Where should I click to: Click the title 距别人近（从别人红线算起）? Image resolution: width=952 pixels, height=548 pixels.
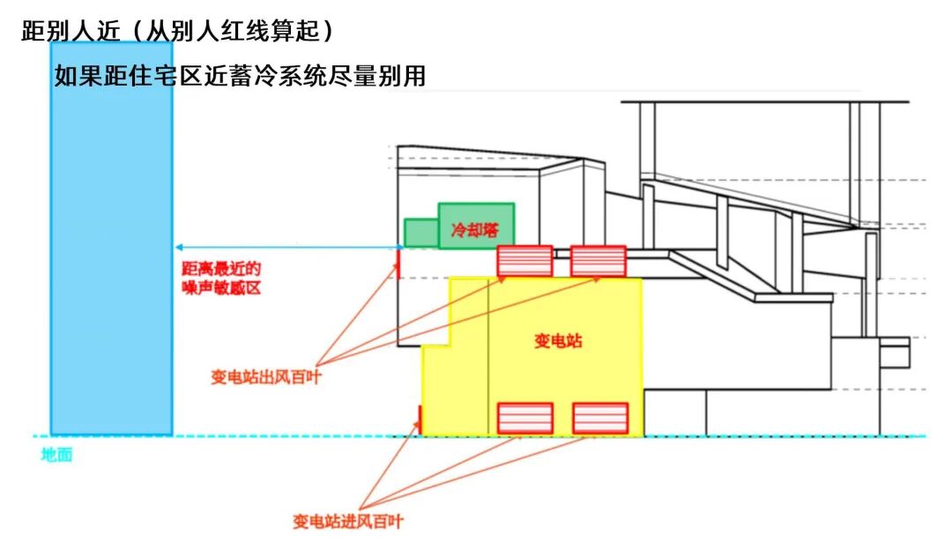click(179, 32)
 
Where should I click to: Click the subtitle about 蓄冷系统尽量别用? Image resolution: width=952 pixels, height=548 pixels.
click(240, 76)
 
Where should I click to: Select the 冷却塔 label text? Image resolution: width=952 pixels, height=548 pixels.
click(472, 230)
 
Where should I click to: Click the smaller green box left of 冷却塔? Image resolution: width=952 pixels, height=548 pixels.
click(420, 232)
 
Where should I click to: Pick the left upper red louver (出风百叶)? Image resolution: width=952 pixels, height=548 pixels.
click(524, 261)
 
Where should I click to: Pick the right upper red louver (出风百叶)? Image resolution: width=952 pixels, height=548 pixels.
click(599, 261)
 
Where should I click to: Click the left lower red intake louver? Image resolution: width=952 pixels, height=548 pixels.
click(525, 417)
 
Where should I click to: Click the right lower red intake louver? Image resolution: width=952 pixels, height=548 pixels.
click(600, 417)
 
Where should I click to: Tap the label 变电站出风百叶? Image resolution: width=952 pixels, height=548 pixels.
click(264, 377)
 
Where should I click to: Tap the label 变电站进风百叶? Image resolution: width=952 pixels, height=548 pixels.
click(348, 522)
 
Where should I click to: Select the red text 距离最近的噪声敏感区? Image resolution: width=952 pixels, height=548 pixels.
click(221, 279)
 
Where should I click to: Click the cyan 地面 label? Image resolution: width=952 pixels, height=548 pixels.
click(56, 455)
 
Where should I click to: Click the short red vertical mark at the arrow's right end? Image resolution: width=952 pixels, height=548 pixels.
click(398, 263)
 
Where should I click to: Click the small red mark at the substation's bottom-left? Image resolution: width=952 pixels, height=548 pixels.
click(420, 419)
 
